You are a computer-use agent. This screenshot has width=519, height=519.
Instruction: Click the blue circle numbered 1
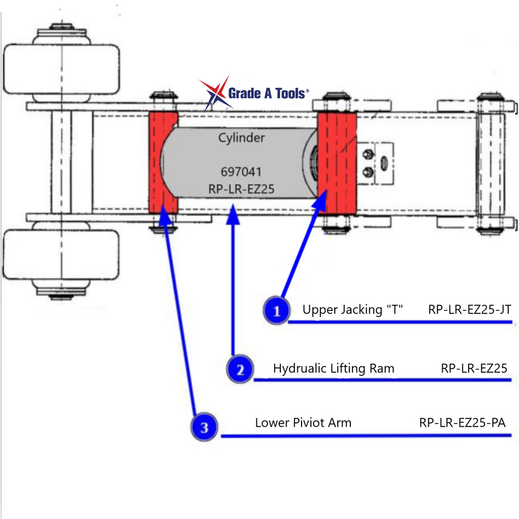pos(277,311)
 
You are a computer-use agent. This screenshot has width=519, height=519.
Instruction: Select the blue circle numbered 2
pos(240,369)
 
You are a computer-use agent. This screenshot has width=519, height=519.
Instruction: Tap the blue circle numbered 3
pos(204,427)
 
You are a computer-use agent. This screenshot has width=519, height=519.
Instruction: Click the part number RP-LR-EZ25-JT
pos(470,310)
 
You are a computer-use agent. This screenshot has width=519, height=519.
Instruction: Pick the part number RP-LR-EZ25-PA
pos(462,422)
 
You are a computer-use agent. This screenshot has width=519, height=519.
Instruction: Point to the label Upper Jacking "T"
pos(353,310)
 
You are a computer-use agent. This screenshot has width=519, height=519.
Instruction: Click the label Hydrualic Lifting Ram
pos(334,368)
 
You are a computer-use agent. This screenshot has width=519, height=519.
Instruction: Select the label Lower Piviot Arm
pos(303,422)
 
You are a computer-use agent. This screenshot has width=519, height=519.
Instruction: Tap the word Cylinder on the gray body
pos(241,138)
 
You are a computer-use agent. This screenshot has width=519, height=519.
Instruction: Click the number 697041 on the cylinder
pos(241,172)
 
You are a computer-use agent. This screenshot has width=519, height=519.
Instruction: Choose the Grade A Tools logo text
pos(268,94)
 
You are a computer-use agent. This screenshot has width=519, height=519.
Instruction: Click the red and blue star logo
pos(214,93)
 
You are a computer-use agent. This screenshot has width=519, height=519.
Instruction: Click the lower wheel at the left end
pos(61,257)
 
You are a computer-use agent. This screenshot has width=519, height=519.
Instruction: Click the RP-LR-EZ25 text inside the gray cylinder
pos(241,189)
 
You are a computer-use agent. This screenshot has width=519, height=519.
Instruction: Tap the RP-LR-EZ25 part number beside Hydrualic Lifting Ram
pos(474,368)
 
